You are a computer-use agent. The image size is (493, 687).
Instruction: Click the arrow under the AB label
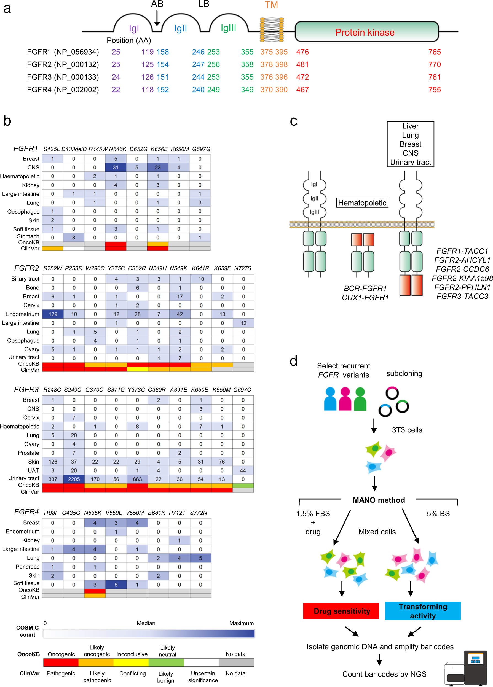[x=157, y=18]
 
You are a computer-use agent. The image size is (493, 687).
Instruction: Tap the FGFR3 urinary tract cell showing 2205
[x=74, y=479]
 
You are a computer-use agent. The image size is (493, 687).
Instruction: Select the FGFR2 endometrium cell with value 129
[x=53, y=314]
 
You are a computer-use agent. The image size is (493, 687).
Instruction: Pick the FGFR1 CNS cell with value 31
[x=116, y=168]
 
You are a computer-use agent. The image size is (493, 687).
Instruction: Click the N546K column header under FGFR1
[x=117, y=149]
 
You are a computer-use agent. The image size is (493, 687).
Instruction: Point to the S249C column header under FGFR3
[x=73, y=390]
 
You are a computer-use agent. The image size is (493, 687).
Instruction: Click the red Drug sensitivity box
[x=341, y=611]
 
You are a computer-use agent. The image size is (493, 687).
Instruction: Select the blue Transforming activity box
[x=423, y=611]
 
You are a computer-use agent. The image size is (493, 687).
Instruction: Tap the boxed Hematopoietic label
[x=362, y=203]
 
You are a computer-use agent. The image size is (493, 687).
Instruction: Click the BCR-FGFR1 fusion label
[x=365, y=288]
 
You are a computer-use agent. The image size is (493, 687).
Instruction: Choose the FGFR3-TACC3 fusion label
[x=462, y=296]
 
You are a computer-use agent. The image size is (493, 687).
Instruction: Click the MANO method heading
[x=379, y=500]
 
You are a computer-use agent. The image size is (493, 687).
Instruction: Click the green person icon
[x=360, y=399]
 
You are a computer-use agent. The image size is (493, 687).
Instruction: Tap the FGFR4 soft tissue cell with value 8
[x=116, y=584]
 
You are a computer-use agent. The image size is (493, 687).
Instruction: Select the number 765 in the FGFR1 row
[x=435, y=52]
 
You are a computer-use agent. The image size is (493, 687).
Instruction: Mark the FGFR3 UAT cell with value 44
[x=243, y=470]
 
